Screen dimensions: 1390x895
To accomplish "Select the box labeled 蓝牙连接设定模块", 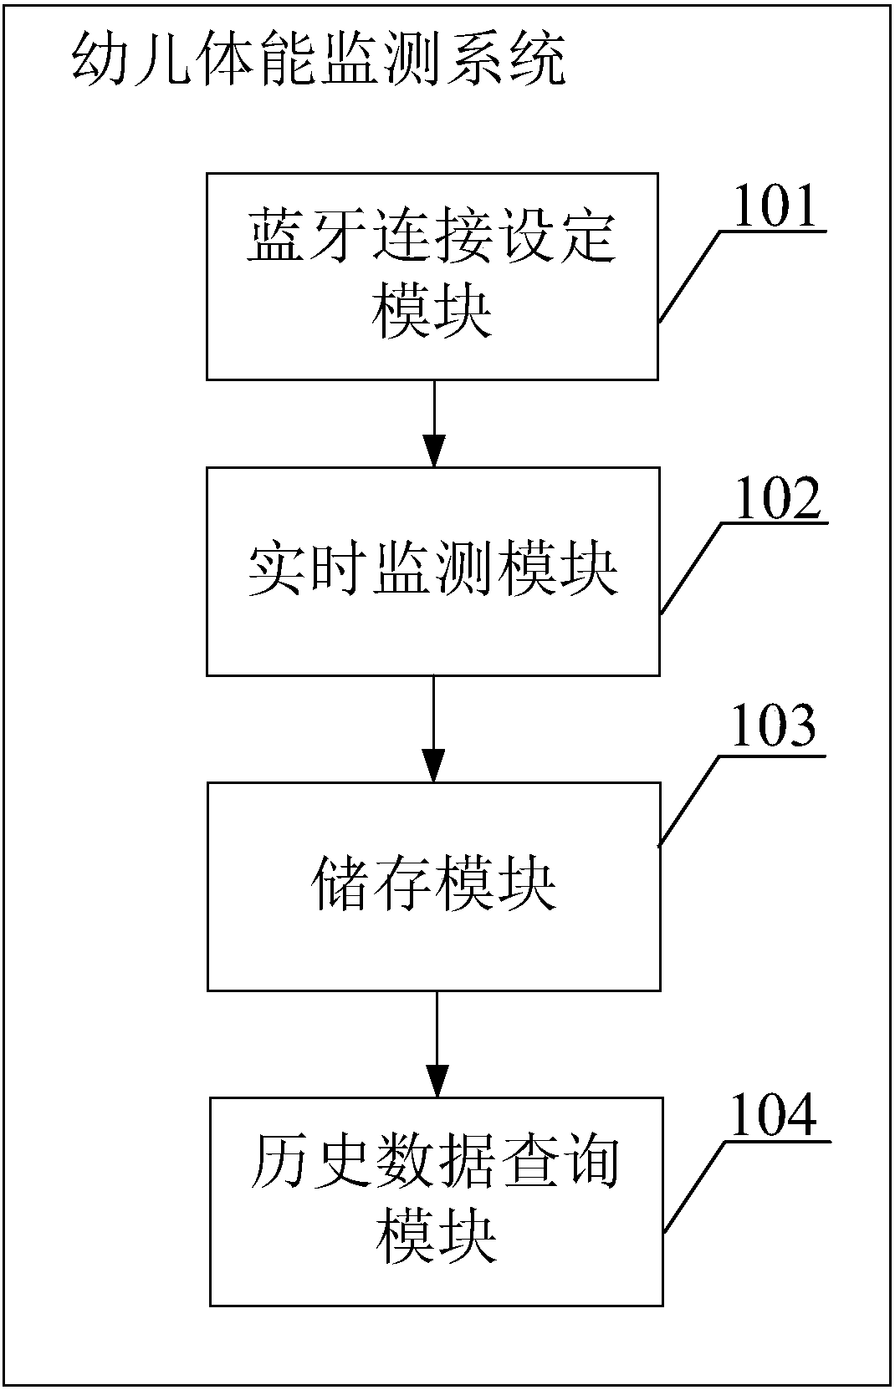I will pos(432,276).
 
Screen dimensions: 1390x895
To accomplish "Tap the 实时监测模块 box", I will pos(432,571).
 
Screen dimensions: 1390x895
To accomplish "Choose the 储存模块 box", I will pos(433,886).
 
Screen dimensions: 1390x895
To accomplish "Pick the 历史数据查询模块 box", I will pos(436,1201).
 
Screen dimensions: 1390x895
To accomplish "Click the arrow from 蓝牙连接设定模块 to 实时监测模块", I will pos(432,423).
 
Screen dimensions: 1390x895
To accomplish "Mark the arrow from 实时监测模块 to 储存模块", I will pos(432,728).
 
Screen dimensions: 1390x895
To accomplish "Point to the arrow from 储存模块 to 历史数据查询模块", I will pos(436,1044).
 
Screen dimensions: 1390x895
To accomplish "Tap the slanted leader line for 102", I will pos(691,568).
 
